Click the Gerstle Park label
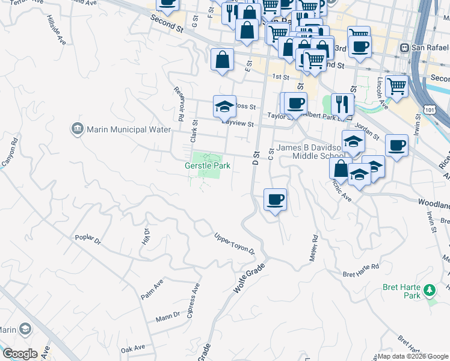208,165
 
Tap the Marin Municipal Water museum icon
77,129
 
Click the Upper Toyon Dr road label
235,244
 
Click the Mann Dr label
167,315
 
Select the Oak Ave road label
132,348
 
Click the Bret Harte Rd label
361,267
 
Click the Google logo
20,354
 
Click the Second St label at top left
168,27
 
